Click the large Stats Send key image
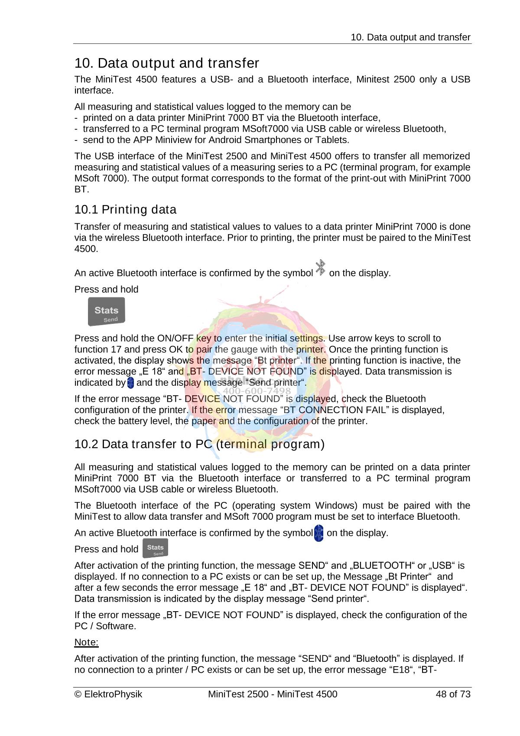tap(106, 311)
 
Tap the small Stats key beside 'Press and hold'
tap(155, 548)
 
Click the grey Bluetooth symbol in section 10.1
tap(320, 267)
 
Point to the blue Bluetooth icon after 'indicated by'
tap(131, 383)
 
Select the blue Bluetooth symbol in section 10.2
tap(318, 533)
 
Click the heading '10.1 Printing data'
tap(125, 210)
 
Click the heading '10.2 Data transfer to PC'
tap(199, 444)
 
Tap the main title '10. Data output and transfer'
tap(166, 63)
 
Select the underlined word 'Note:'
tap(86, 642)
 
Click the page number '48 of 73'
tap(453, 694)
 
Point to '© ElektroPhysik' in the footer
tap(108, 694)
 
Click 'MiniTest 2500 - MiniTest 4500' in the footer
tap(272, 694)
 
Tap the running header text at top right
tap(410, 37)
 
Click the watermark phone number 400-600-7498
tap(257, 392)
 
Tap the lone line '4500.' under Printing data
tap(86, 249)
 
